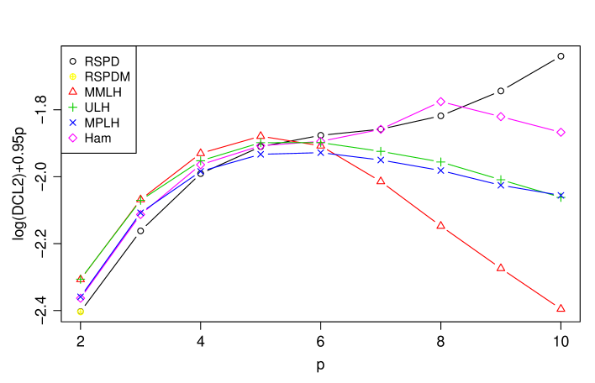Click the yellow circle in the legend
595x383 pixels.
coord(73,76)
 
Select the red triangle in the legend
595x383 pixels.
coord(73,92)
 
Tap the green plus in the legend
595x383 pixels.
coord(73,107)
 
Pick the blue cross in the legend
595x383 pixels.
coord(73,123)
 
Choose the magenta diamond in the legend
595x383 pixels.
coord(73,138)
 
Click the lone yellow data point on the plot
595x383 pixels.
coord(81,312)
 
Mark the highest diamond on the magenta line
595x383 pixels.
coord(440,102)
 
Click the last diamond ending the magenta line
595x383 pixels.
coord(561,132)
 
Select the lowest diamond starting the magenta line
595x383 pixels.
coord(81,298)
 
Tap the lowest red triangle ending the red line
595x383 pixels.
coord(561,308)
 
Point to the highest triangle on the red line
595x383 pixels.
coord(261,135)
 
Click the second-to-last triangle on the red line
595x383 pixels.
coord(501,268)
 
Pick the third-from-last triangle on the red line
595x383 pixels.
coord(440,225)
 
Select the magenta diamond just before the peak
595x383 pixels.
coord(381,129)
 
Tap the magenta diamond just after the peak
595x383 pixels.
coord(501,117)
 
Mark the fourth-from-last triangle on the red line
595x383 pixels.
coord(381,181)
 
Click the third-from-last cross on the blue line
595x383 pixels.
coord(440,171)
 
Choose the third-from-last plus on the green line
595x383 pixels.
coord(440,162)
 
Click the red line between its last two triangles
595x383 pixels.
coord(531,288)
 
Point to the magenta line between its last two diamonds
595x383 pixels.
coord(531,124)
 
